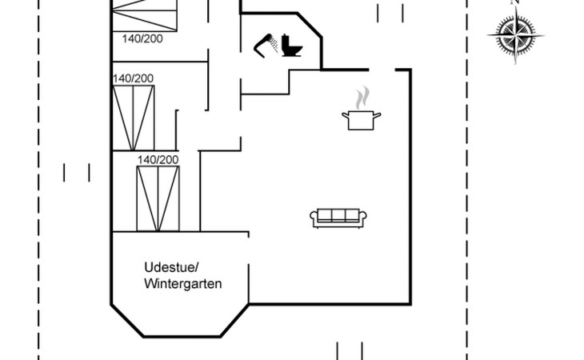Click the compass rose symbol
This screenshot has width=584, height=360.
click(x=515, y=36)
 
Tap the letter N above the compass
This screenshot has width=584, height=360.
click(x=515, y=2)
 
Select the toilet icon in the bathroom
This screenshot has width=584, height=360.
click(x=293, y=46)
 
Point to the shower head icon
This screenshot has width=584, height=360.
click(x=266, y=46)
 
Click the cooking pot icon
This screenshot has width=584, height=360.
click(x=361, y=120)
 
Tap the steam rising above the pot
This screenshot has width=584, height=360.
click(x=362, y=98)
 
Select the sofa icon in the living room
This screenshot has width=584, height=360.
click(x=338, y=217)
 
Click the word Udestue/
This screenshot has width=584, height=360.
click(x=170, y=266)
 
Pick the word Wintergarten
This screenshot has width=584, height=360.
click(x=183, y=284)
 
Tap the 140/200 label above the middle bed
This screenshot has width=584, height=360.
click(x=133, y=78)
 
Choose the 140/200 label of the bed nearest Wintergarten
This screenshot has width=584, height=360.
click(x=158, y=160)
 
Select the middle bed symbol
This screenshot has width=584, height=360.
click(x=133, y=118)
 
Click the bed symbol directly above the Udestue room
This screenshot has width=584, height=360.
click(x=158, y=198)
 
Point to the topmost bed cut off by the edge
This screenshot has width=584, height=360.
click(x=144, y=14)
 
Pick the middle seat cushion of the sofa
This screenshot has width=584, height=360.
click(x=338, y=215)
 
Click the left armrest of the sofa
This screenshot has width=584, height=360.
click(x=314, y=217)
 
